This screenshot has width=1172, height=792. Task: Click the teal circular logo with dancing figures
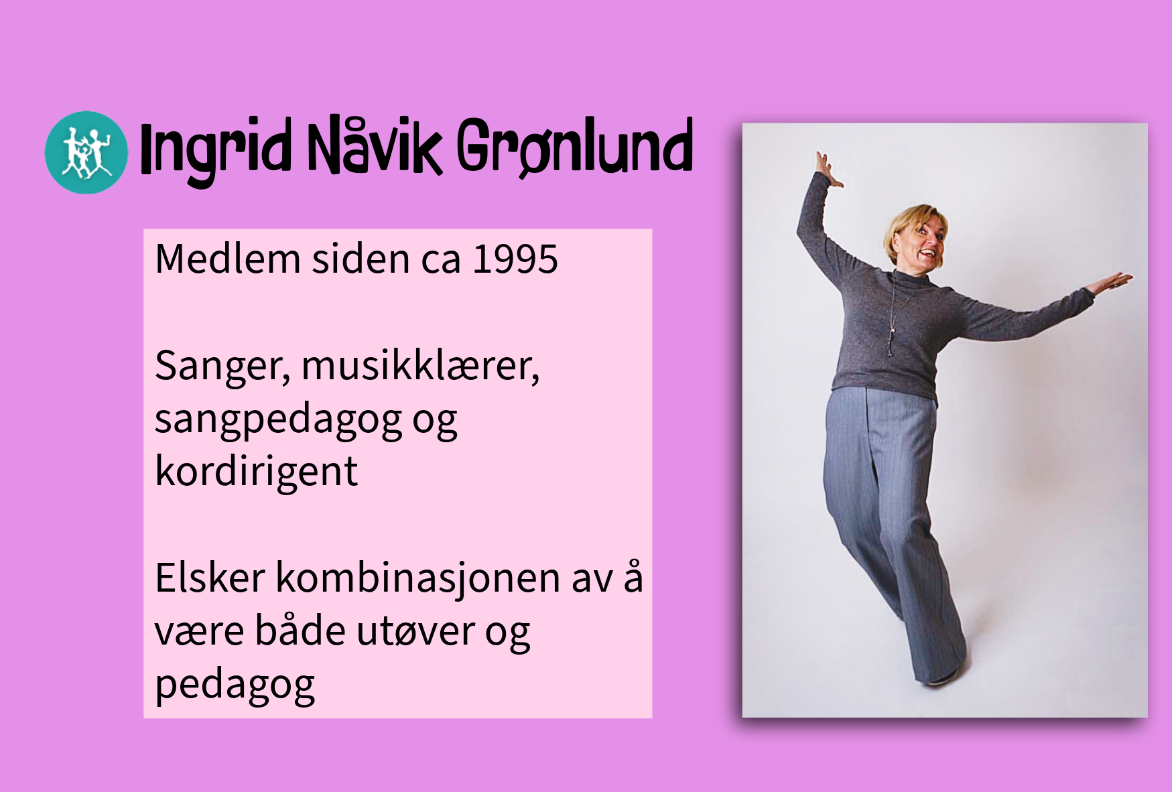[x=86, y=153]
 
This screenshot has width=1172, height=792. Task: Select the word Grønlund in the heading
[x=574, y=147]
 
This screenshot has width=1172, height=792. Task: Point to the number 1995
[x=515, y=259]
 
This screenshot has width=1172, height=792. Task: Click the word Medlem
[x=227, y=259]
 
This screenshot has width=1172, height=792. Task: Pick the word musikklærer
[x=420, y=367]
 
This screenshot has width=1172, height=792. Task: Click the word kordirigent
[x=257, y=472]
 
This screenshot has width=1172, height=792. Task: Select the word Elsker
[x=210, y=578]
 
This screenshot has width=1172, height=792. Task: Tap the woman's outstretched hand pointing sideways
[x=1111, y=283]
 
